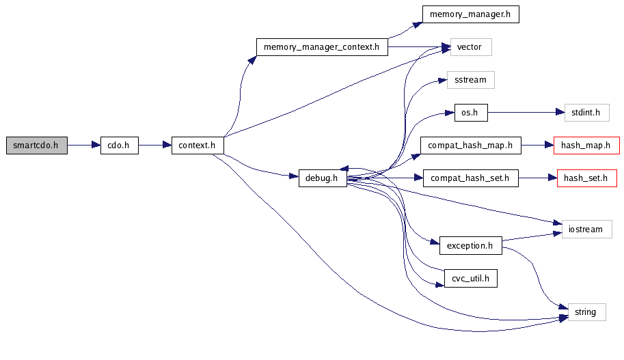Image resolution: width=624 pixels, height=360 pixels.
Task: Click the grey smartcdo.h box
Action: pos(36,146)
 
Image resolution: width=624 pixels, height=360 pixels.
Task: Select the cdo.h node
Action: pos(120,146)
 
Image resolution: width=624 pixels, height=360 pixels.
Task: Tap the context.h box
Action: pos(198,146)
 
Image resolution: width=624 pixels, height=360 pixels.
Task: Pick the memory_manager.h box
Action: pos(470,14)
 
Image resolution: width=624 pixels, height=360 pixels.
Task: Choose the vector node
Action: pos(470,47)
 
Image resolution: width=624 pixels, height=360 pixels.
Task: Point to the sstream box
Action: pos(470,80)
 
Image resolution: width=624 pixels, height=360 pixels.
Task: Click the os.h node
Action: pos(471,113)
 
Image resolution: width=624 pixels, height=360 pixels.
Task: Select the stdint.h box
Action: pos(586,113)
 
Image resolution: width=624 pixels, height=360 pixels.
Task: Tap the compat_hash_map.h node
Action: pos(470,146)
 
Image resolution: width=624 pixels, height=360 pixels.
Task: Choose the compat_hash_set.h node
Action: pos(470,179)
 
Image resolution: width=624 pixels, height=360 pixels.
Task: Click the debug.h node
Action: pos(323,179)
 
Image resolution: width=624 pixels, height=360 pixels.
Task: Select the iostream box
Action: pos(586,229)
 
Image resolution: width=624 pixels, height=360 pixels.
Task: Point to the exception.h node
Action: pos(470,245)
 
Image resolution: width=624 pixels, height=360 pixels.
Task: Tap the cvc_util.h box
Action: pos(470,278)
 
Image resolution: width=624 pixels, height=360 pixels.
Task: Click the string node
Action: pos(586,312)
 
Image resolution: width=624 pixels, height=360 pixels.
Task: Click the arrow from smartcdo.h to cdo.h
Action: pos(83,146)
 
